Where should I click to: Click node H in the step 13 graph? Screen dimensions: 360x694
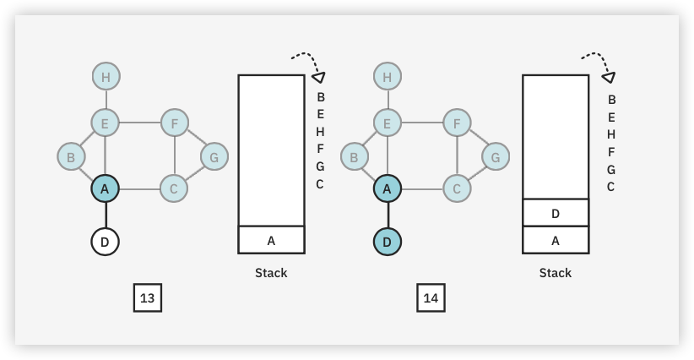(x=106, y=78)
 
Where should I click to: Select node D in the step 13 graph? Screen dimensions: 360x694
(x=105, y=243)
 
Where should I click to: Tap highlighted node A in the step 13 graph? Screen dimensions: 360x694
(x=105, y=189)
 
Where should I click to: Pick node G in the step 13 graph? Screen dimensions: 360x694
(x=214, y=156)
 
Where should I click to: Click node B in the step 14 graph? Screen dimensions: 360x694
(x=355, y=156)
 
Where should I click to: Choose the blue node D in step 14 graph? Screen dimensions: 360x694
(x=387, y=243)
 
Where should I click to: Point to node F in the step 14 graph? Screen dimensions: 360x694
(x=457, y=123)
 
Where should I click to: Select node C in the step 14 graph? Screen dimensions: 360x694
(x=457, y=189)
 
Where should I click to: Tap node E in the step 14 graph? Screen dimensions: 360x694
(x=387, y=123)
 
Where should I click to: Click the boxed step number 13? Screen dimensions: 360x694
(x=148, y=298)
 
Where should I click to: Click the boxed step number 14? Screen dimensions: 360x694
(x=431, y=298)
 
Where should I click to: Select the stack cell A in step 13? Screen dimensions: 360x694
(x=271, y=240)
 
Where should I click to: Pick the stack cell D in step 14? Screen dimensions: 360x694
(x=556, y=213)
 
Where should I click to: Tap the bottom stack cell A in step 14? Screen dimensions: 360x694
(x=556, y=240)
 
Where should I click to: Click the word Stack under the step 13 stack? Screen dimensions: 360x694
(x=271, y=273)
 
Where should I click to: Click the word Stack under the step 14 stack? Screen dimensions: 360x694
(x=556, y=273)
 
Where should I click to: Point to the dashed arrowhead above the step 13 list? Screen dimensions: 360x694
(x=319, y=77)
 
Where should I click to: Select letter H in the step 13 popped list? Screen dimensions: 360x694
(x=321, y=132)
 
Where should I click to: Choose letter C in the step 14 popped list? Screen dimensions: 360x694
(x=610, y=187)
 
